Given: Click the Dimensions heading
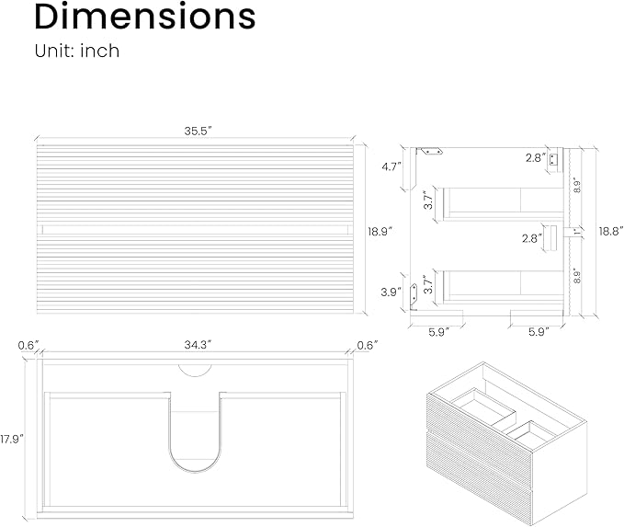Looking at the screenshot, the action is [x=145, y=17].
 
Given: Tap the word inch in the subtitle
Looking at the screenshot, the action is [x=100, y=51].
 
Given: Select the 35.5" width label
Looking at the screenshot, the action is [x=198, y=131].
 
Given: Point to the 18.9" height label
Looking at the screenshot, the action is [x=380, y=232].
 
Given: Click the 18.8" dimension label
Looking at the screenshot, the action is [x=611, y=231].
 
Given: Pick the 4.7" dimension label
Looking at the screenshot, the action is [x=391, y=166].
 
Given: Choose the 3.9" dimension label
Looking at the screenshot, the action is [x=391, y=292].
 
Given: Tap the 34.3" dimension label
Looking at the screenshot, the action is [x=198, y=345].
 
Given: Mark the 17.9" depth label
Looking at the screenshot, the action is [x=12, y=439].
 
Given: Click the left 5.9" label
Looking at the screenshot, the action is [x=438, y=332].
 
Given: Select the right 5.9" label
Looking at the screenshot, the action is [x=539, y=332].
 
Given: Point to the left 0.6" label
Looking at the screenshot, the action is [x=28, y=345].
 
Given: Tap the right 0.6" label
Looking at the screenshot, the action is [x=368, y=345].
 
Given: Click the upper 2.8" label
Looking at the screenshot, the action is [x=535, y=158].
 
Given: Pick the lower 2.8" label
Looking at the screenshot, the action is [x=532, y=238].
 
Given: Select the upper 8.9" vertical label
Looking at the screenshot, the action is [x=577, y=187].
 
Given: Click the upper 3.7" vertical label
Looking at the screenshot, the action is [x=428, y=200].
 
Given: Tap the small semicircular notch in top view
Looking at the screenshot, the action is [x=195, y=371].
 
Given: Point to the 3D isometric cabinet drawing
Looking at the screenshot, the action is [x=506, y=443].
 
